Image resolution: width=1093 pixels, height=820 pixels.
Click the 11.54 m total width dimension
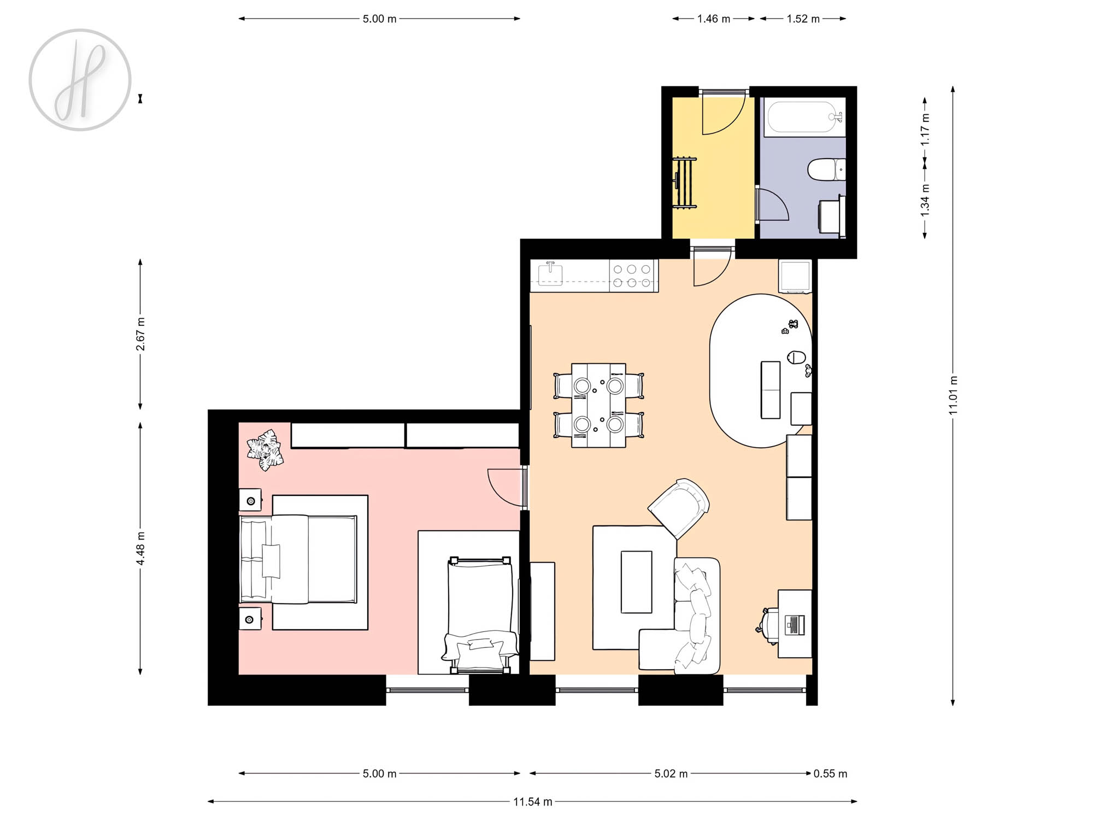click(x=532, y=802)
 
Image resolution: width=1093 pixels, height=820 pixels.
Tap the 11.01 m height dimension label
click(x=953, y=395)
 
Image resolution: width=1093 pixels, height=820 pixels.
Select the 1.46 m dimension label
click(x=713, y=19)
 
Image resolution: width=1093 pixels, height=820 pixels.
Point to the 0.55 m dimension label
click(x=830, y=774)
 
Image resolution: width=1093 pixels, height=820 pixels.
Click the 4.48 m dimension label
click(x=140, y=548)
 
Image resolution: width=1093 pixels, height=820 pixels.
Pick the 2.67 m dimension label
click(x=140, y=333)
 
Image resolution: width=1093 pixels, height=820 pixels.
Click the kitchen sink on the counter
click(x=550, y=274)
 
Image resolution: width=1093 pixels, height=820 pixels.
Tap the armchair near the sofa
click(x=679, y=508)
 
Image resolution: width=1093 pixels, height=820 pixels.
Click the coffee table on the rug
click(x=636, y=582)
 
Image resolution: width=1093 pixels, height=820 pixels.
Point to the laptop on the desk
click(x=795, y=625)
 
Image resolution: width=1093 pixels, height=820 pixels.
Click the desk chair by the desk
click(x=768, y=626)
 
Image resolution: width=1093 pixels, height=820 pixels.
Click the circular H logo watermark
click(x=80, y=80)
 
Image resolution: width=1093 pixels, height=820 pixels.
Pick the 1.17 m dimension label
click(x=925, y=130)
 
